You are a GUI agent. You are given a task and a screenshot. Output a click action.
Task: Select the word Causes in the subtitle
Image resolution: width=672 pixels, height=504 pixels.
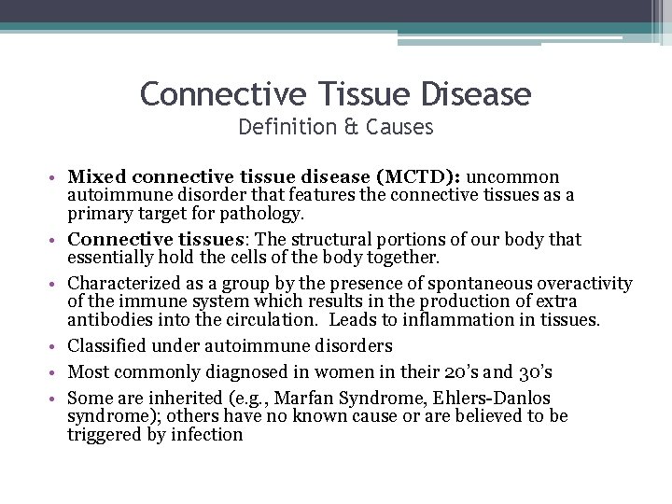(402, 127)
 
